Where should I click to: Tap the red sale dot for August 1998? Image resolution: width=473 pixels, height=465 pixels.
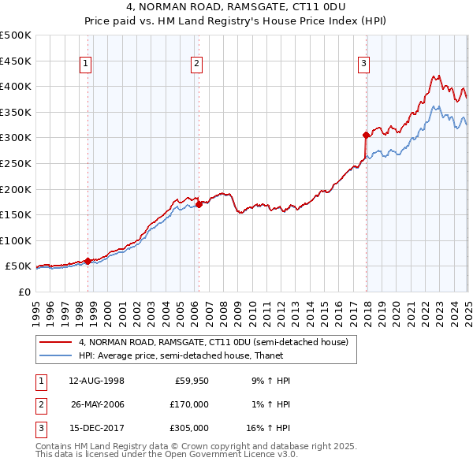[88, 260]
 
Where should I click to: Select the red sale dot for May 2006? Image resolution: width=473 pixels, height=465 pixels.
[199, 203]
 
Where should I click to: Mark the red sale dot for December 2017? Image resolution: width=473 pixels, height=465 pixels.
[366, 135]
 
